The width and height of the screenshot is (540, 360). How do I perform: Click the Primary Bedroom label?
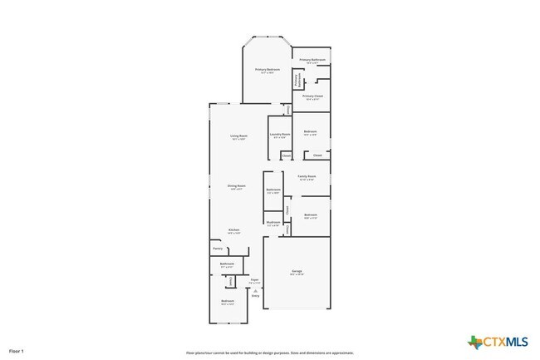pos(267,70)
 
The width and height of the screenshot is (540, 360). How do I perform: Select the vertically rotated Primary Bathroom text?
pos(297,80)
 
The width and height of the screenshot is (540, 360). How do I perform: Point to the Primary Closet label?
pos(313,96)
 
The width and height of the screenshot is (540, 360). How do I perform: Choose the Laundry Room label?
pos(280,135)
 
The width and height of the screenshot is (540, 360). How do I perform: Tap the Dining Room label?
pos(237,186)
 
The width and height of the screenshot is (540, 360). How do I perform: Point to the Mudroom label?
pos(273,222)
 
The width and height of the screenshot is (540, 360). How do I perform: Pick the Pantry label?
pos(218,249)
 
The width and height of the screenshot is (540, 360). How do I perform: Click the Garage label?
pos(297,272)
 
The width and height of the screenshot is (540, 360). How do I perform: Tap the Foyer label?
pos(254,280)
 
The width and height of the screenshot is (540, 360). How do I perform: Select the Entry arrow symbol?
pos(255,292)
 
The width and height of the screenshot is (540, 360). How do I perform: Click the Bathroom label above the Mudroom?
pos(273,190)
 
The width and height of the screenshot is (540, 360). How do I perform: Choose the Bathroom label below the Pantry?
pos(227,264)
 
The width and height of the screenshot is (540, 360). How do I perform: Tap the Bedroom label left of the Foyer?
pos(227,301)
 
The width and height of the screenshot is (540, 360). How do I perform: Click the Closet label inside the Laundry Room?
pos(286,155)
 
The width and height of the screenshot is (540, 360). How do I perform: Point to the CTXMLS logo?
pos(498,342)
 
